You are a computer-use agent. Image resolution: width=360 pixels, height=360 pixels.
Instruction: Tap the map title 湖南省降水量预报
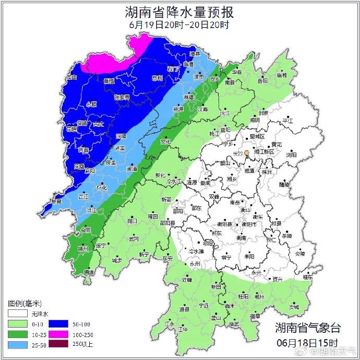[179, 11]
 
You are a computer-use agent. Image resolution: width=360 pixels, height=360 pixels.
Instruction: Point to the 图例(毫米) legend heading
[25, 303]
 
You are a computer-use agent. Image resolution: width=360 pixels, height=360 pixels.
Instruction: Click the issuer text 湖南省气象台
[308, 328]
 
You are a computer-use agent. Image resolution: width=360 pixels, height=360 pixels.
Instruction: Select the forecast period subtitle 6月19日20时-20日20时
[179, 24]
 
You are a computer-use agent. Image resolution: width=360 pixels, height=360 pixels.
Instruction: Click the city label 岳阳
[262, 81]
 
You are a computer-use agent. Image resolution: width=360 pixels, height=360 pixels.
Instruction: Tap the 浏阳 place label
[291, 155]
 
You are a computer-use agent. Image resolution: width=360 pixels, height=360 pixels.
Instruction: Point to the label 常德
[188, 97]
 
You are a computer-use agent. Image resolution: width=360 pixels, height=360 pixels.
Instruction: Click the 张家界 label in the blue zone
[122, 97]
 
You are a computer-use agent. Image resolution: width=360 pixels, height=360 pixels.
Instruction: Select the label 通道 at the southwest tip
[89, 272]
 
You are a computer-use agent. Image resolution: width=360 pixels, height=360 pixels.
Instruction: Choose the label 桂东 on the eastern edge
[308, 278]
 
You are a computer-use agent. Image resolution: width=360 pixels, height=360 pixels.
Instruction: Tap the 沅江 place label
[224, 113]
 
